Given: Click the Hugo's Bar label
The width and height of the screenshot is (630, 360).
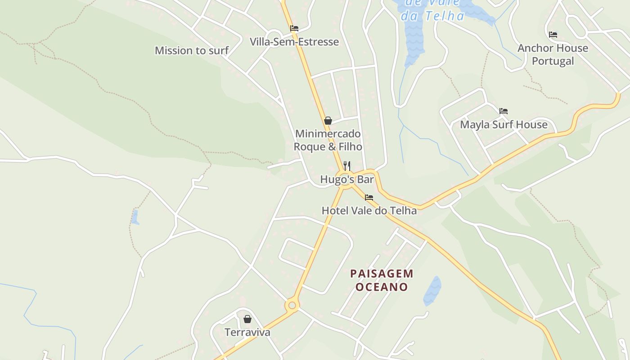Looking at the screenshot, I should click(347, 180).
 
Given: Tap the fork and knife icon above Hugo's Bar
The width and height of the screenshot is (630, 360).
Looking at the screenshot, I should click(346, 166).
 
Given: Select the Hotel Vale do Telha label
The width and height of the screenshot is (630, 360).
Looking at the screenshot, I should click(369, 210).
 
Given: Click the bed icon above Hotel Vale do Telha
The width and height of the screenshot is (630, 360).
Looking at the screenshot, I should click(369, 197).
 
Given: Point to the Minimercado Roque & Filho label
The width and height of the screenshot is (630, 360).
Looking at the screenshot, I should click(328, 140).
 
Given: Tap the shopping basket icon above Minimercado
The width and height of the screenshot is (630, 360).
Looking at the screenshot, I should click(328, 121).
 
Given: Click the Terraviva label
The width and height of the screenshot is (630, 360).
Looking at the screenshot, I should click(247, 332).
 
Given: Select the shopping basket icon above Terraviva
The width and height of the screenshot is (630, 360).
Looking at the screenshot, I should click(247, 319).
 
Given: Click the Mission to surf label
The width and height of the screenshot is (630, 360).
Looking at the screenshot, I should click(192, 50).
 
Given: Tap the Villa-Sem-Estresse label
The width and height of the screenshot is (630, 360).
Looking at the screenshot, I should click(294, 42).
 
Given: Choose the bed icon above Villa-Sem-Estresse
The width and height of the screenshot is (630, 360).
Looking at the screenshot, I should click(294, 28).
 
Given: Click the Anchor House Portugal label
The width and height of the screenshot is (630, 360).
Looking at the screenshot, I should click(553, 54).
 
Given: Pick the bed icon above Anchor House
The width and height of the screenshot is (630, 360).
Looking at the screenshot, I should click(553, 34).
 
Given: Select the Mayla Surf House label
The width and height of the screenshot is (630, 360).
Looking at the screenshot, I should click(504, 124).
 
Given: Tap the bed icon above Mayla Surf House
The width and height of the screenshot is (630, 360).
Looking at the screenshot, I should click(504, 111).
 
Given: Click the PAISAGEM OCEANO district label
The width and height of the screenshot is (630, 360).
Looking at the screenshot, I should click(382, 280).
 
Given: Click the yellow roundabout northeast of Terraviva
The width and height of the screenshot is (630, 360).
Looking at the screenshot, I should click(292, 306).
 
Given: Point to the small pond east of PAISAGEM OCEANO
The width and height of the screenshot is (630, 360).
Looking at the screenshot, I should click(432, 290).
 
